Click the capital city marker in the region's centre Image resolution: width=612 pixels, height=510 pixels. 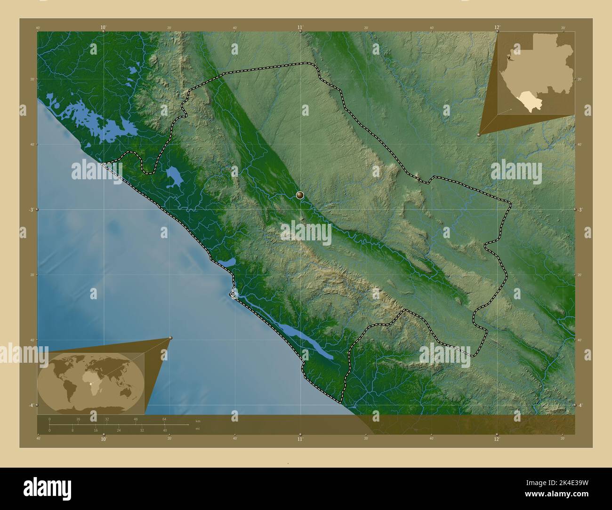click(x=300, y=195)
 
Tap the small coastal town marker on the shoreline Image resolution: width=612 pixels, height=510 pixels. click(x=233, y=294)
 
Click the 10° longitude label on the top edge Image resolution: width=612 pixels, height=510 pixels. click(x=104, y=27)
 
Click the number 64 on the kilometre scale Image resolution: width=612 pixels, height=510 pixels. click(x=164, y=419)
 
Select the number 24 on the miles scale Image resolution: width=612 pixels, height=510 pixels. click(x=119, y=430)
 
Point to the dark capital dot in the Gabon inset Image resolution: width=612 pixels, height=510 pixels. click(x=508, y=57)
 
